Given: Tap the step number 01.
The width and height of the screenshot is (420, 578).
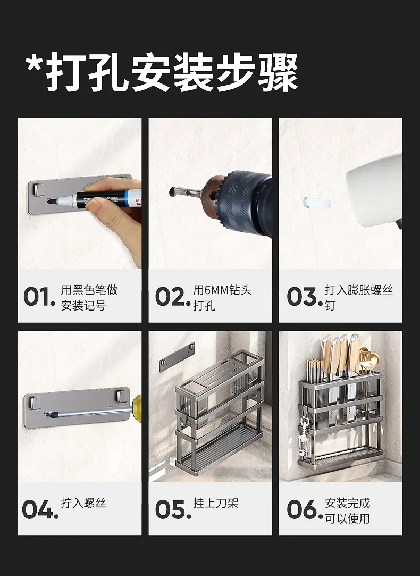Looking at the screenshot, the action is (x=39, y=297).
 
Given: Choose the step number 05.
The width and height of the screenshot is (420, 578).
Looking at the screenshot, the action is (x=172, y=510).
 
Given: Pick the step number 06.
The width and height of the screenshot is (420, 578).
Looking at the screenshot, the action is (x=304, y=510).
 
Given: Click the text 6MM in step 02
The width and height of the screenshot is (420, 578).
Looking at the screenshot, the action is (x=216, y=290).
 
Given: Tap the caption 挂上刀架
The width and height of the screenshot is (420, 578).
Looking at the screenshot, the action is (x=216, y=503).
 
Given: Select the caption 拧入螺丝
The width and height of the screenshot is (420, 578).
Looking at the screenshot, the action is (x=83, y=503).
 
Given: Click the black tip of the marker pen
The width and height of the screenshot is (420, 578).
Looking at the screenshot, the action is (x=51, y=202).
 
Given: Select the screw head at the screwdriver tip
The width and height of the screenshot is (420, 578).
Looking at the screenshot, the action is (x=47, y=414).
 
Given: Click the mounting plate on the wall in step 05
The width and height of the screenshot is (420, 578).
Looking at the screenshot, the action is (x=177, y=357).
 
